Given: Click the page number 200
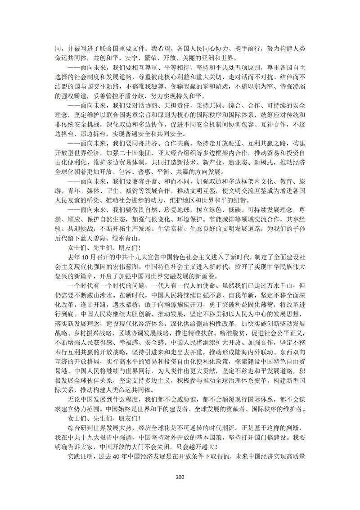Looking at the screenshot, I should point(180,477).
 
